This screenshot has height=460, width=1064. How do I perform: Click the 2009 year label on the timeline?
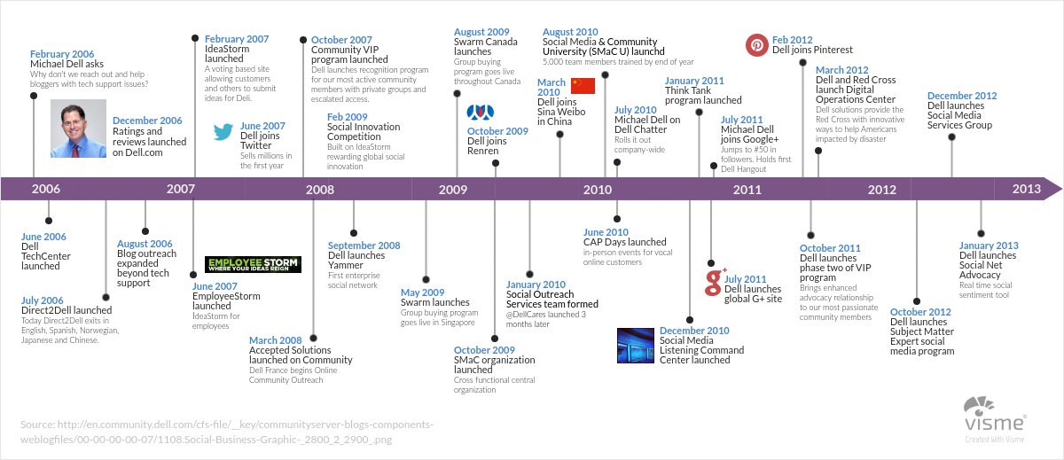453,190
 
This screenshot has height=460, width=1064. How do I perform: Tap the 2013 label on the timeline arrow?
1026,189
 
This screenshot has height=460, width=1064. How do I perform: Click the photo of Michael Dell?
78,129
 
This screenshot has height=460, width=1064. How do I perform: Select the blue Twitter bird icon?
223,131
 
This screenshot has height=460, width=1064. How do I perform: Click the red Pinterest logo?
756,45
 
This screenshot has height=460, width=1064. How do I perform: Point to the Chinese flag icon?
583,86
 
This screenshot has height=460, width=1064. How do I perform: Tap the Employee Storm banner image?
253,264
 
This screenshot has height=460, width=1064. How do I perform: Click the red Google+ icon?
715,282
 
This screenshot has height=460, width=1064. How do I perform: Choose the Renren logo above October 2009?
481,113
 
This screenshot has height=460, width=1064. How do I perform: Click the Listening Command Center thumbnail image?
636,346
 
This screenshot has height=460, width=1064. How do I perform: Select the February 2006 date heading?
62,54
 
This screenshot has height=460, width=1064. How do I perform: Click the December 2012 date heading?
962,96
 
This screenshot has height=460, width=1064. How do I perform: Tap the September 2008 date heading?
364,246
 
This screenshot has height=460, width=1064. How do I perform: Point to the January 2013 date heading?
989,246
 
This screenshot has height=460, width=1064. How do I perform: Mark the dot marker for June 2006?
49,221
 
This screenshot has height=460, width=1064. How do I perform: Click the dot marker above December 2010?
690,320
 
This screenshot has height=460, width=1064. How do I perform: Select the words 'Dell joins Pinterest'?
812,50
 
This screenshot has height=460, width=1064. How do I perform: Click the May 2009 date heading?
422,292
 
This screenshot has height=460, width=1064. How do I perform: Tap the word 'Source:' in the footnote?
37,425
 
